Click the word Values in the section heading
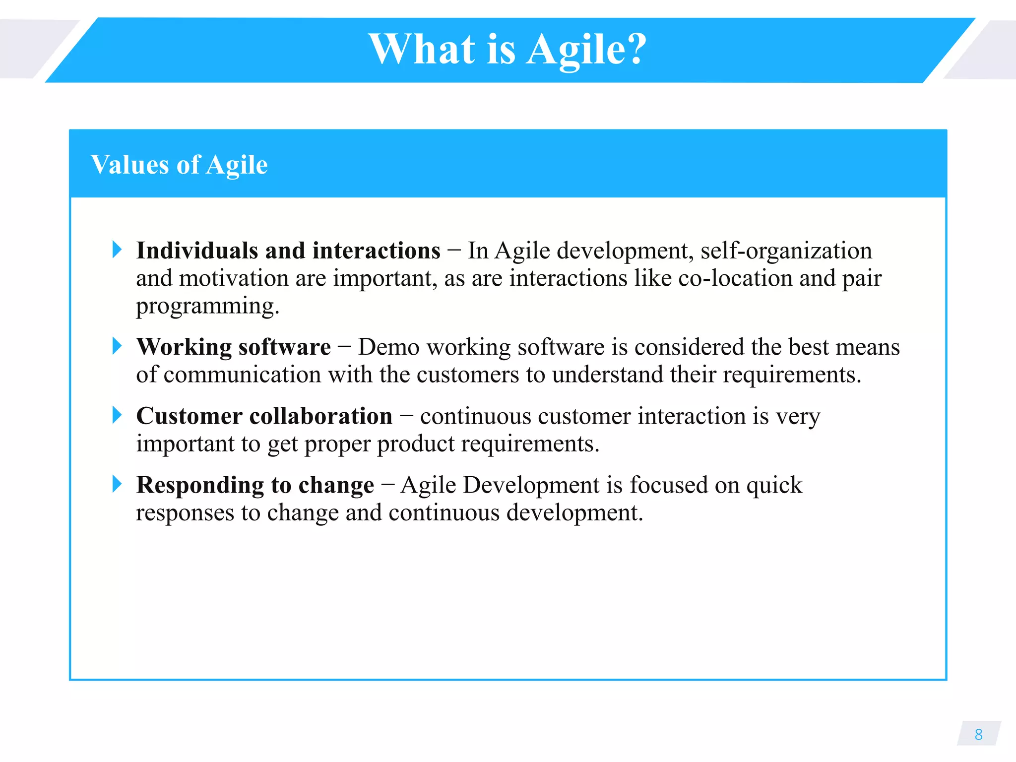click(130, 165)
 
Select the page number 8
click(978, 734)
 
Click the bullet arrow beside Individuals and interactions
click(117, 250)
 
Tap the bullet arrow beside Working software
click(117, 346)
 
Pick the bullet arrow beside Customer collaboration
click(117, 415)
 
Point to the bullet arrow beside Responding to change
click(117, 484)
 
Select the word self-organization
click(786, 251)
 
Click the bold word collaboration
click(320, 416)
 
